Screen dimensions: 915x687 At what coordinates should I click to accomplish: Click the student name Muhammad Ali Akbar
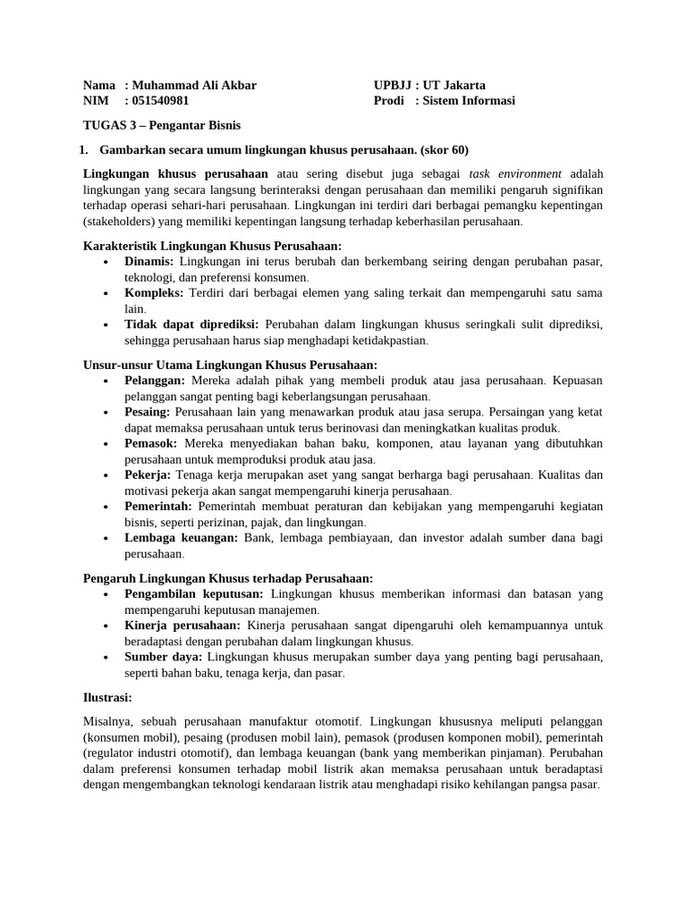193,85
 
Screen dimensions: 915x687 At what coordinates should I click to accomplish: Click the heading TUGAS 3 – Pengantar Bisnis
162,125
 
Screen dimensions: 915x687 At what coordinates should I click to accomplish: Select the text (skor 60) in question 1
439,149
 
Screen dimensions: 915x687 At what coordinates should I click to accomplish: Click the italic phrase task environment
515,173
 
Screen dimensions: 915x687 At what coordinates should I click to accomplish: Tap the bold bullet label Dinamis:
149,261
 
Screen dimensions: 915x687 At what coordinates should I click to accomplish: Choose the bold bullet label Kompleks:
154,293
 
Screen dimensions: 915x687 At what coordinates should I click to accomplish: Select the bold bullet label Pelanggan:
155,380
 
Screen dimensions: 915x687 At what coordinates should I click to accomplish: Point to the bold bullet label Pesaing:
148,412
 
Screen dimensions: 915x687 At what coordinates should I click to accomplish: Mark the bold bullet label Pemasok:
151,443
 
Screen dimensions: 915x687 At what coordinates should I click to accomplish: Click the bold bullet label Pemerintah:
158,507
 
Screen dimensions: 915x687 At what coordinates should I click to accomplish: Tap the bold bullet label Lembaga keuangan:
182,538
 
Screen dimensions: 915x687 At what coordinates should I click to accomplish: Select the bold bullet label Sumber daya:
162,657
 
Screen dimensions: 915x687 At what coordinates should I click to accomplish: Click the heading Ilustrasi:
107,697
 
